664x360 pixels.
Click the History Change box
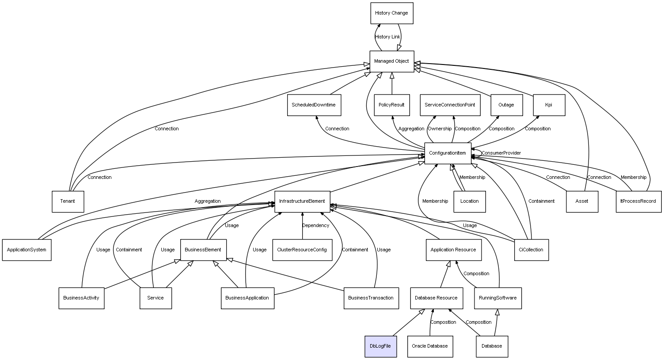click(391, 13)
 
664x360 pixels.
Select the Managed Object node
click(392, 61)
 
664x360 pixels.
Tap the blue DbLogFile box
click(380, 346)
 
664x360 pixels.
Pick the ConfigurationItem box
click(448, 153)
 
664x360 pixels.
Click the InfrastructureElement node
click(302, 201)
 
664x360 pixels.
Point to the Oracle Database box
click(430, 346)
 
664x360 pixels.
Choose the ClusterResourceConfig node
click(302, 250)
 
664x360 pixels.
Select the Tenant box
click(68, 201)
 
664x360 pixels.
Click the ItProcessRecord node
click(638, 201)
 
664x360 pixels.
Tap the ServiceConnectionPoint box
click(450, 105)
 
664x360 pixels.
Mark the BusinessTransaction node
click(371, 298)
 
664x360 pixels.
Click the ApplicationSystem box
click(27, 250)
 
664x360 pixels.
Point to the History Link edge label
click(387, 37)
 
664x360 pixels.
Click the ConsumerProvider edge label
click(501, 153)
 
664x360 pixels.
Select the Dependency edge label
click(315, 226)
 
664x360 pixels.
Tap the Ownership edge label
click(440, 129)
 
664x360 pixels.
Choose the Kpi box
click(549, 105)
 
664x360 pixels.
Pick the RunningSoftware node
click(498, 298)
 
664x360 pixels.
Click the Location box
click(469, 201)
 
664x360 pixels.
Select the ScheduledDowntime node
click(314, 105)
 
